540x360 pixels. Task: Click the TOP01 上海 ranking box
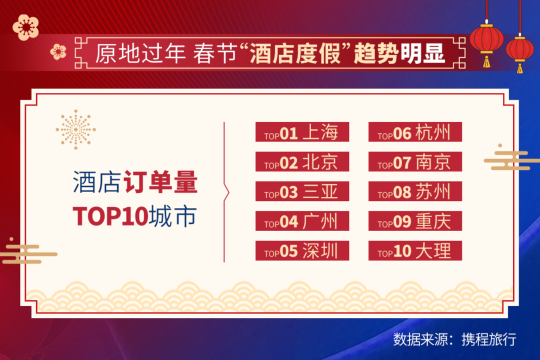(x=302, y=132)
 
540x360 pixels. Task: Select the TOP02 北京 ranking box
(x=302, y=161)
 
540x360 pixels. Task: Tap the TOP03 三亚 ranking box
(x=302, y=191)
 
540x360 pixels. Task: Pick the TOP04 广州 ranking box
(x=302, y=221)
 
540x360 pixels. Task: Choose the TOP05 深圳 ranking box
(x=302, y=250)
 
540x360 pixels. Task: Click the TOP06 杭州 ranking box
(x=415, y=132)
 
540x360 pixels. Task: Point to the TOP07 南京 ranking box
(x=415, y=161)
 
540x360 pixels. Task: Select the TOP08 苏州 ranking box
(x=415, y=191)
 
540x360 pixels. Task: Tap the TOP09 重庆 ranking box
(x=415, y=221)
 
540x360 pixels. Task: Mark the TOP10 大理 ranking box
(x=415, y=250)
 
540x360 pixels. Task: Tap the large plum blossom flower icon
(x=25, y=27)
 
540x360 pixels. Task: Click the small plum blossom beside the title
(x=58, y=52)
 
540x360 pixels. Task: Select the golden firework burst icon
(x=76, y=130)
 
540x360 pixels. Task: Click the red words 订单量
(x=160, y=182)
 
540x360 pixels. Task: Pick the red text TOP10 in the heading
(x=111, y=216)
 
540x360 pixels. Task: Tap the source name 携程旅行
(x=489, y=339)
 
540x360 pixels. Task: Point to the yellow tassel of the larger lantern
(x=487, y=62)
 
